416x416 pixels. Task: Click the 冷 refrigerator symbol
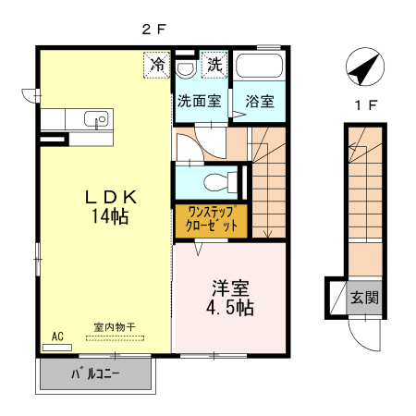158,65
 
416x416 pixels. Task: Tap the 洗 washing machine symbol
214,65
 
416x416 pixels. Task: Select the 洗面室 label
200,101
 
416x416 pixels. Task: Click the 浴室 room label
258,101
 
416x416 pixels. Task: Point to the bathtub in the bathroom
258,67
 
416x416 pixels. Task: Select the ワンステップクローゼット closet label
211,219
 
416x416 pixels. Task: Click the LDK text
111,197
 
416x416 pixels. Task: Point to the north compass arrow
363,68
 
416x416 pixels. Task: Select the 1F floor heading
366,104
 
